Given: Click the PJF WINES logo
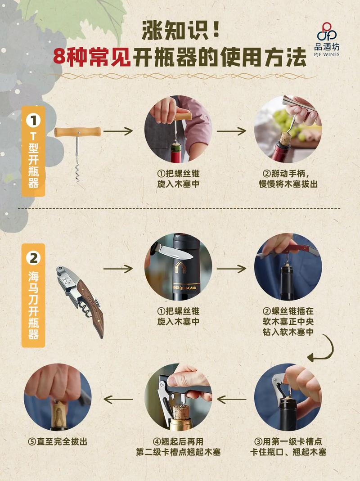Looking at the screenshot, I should tap(327, 39).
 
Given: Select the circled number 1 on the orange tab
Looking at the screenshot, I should tap(33, 121).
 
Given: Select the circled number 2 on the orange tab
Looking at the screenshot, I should tap(33, 258).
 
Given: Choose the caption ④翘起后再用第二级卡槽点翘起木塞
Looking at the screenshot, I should tap(178, 446).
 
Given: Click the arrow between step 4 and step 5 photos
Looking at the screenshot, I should tap(118, 399).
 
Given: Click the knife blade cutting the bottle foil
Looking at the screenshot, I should tap(175, 251).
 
